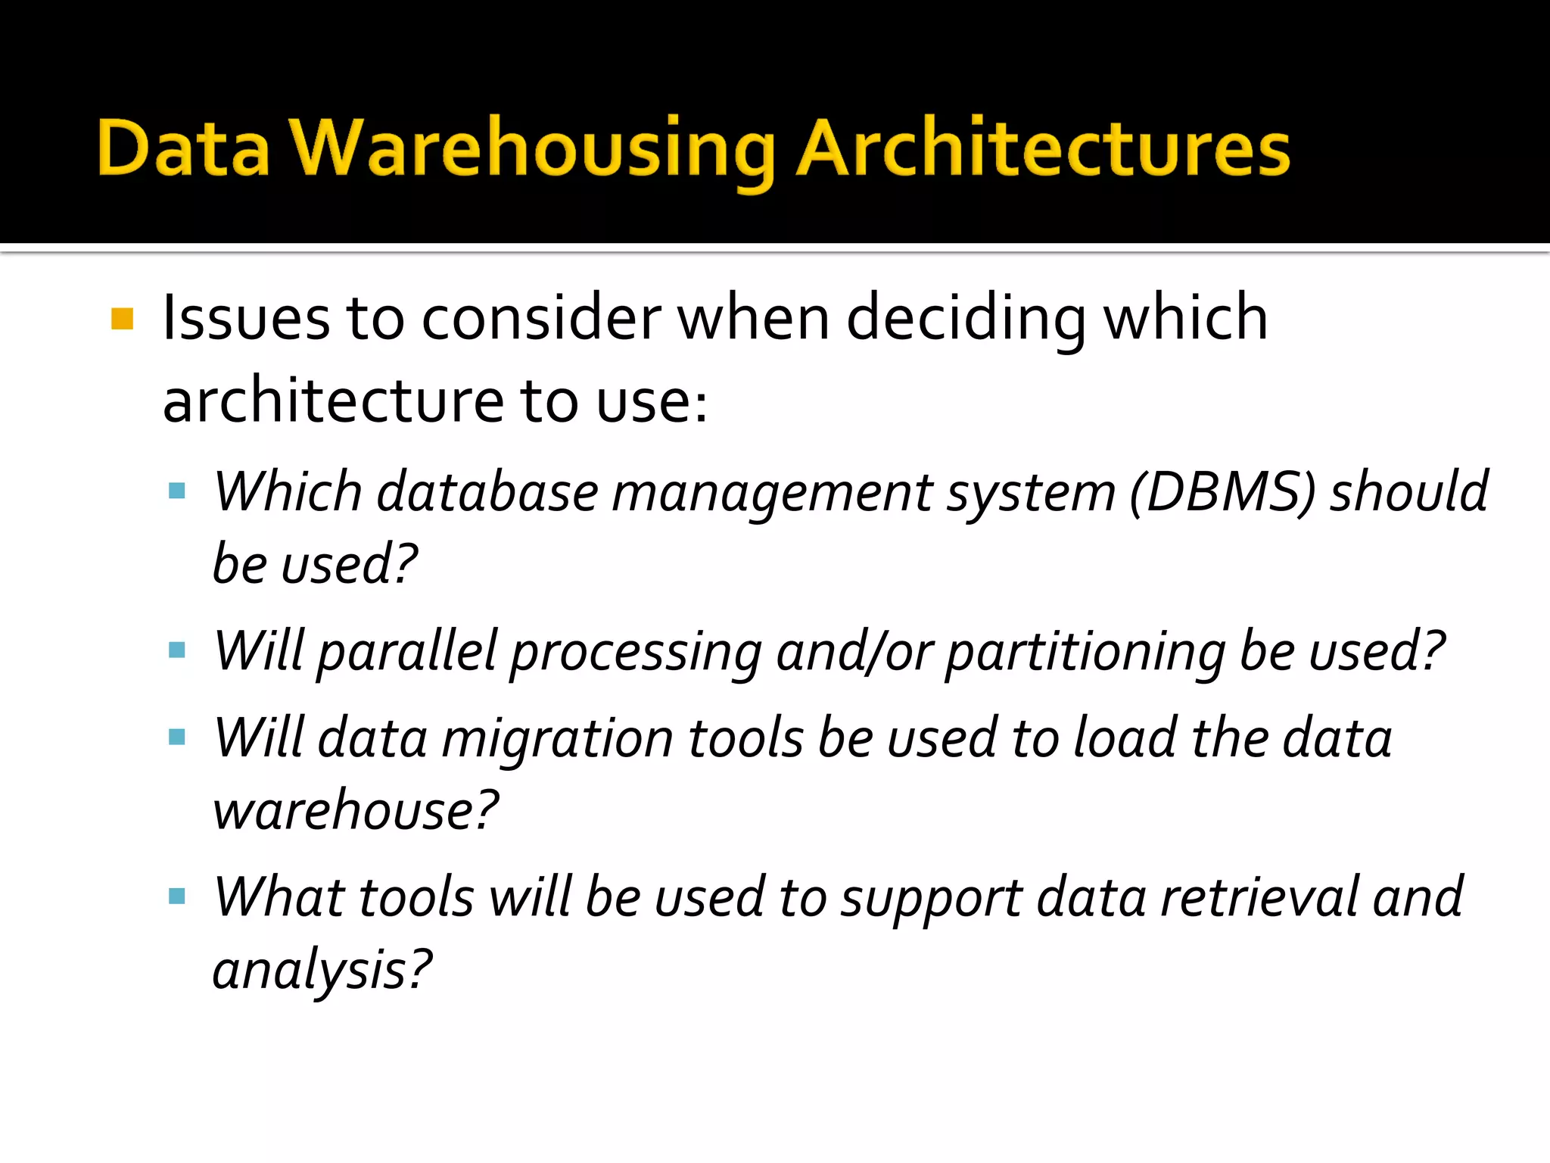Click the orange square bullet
(122, 319)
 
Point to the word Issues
(246, 319)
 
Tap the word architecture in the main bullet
(334, 401)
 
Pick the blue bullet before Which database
(177, 491)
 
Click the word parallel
(407, 652)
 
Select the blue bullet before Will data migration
(177, 737)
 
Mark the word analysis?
(322, 970)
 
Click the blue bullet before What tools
(177, 896)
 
